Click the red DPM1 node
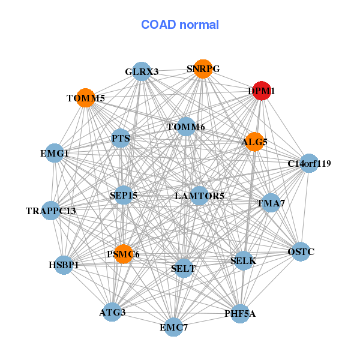point(262,91)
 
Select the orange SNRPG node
point(203,69)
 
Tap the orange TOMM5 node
point(85,98)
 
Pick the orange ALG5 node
point(254,142)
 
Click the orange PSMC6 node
point(124,254)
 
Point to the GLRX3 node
point(142,71)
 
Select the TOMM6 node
point(186,127)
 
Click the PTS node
point(121,138)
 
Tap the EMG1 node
point(55,153)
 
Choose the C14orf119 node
point(309,163)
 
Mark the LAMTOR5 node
point(199,196)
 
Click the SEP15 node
point(124,195)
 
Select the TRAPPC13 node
point(51,211)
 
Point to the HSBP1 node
point(64,265)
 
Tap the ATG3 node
point(112,312)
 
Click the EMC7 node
point(173,327)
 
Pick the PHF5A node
point(240,313)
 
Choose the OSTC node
point(301,251)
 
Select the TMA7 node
point(271,203)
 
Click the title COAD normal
point(180,25)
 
